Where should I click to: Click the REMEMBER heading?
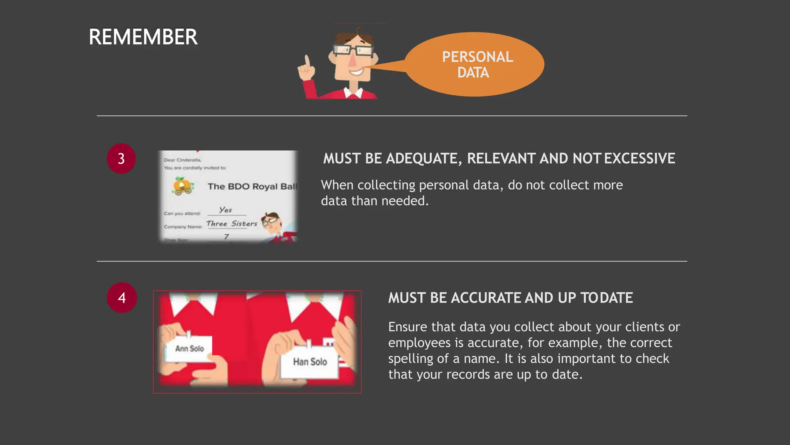[x=143, y=37]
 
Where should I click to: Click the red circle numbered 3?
[x=121, y=158]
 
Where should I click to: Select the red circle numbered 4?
[x=122, y=297]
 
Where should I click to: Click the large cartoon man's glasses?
[x=353, y=50]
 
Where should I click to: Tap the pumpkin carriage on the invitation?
[x=183, y=186]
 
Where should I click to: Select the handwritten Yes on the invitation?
[x=226, y=210]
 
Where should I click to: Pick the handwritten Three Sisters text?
[x=232, y=224]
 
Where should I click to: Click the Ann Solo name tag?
[x=189, y=348]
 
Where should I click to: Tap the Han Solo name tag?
[x=310, y=362]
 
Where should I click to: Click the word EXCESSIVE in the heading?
[x=640, y=158]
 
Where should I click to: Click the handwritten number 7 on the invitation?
[x=226, y=236]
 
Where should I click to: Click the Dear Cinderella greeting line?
[x=182, y=160]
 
